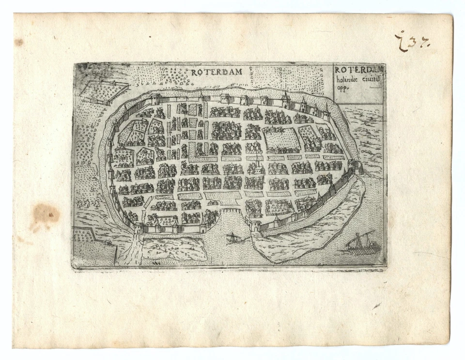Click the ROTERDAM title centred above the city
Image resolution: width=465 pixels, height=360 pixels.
(x=216, y=73)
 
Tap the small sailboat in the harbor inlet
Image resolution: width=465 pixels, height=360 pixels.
(x=233, y=238)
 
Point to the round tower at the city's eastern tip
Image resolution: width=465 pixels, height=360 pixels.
(x=357, y=167)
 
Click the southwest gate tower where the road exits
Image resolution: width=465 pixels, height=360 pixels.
(x=139, y=228)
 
